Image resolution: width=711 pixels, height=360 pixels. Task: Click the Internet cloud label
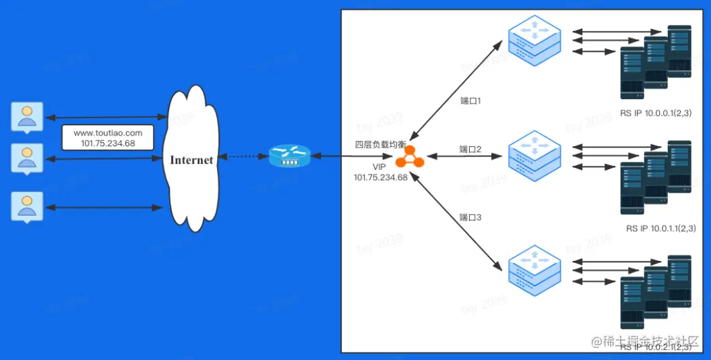191,160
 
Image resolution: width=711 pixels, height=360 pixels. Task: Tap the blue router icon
289,157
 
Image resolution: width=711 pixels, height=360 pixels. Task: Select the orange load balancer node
410,156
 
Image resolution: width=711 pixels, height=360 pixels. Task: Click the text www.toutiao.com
108,133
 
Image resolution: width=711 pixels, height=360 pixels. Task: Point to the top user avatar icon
27,116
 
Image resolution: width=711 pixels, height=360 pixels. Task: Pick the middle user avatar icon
27,158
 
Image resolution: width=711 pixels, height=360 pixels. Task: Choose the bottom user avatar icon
27,206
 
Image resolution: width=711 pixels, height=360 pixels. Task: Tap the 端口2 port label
470,149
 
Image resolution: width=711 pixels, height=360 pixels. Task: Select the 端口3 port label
470,217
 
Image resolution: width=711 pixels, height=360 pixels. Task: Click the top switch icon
534,40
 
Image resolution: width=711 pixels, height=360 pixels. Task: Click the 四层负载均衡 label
381,144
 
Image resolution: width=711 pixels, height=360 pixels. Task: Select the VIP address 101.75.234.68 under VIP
381,177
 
